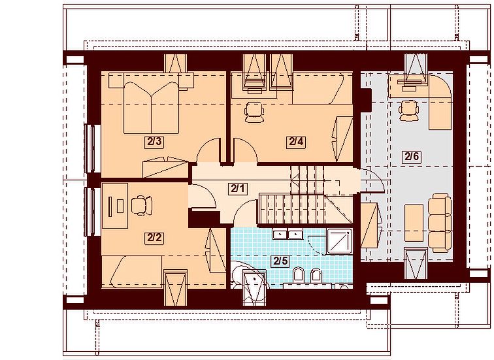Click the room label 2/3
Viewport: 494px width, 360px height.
[154, 142]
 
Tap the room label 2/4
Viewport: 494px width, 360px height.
[296, 142]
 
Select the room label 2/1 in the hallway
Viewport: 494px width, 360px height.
[238, 189]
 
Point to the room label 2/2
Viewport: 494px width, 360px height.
[154, 238]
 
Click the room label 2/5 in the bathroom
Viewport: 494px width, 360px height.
[281, 261]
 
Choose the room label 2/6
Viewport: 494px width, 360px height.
[412, 156]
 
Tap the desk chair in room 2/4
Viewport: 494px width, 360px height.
[254, 112]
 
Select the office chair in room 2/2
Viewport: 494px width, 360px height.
[141, 205]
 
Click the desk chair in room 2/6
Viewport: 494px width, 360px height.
[408, 110]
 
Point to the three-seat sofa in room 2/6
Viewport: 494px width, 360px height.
[440, 223]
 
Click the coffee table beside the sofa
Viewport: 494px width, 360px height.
[414, 223]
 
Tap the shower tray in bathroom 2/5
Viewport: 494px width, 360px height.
[339, 242]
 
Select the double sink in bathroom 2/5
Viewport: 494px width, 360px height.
[288, 235]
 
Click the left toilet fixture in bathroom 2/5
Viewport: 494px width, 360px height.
[298, 275]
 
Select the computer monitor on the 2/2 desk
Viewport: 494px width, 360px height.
[110, 206]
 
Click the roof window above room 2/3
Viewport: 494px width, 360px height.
[176, 63]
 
